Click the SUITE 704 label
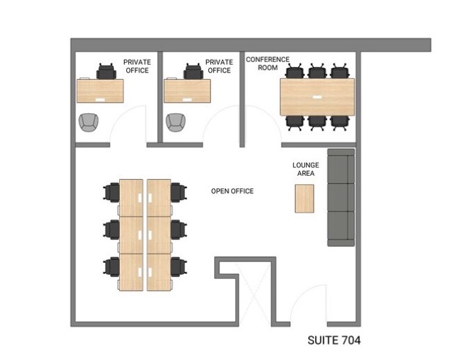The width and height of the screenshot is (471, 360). tap(334, 340)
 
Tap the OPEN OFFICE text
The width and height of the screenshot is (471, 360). tap(232, 191)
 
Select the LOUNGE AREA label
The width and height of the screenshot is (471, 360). tap(305, 169)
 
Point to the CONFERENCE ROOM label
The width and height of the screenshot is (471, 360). tap(268, 63)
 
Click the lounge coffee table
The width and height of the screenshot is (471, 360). tap(304, 199)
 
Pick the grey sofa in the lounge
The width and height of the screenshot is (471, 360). tap(341, 197)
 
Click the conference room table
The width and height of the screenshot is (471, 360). tap(317, 97)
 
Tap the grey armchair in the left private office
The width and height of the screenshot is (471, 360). tap(88, 122)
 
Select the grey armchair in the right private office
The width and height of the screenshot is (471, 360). tap(176, 122)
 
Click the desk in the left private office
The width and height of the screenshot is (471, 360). tap(100, 91)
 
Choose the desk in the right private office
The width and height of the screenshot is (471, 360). tap(187, 91)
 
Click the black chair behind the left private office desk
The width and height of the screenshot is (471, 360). tap(106, 72)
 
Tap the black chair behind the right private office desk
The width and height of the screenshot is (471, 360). tap(194, 72)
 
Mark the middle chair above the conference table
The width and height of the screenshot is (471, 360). tap(317, 71)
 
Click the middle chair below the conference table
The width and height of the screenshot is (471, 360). tap(317, 123)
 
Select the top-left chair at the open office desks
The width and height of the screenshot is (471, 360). tap(112, 192)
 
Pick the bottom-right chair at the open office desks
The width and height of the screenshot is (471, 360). tap(179, 266)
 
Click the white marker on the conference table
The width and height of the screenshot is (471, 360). tap(317, 97)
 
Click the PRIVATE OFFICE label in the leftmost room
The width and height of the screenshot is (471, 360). tap(137, 66)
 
